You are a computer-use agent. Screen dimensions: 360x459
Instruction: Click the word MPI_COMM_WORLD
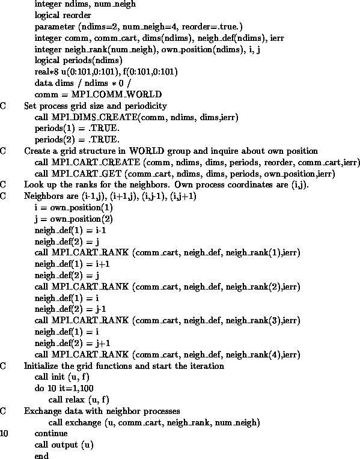pyautogui.click(x=117, y=94)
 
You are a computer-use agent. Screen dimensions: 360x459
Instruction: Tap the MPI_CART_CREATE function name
pyautogui.click(x=96, y=162)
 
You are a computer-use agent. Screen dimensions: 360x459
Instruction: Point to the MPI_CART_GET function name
pyautogui.click(x=87, y=174)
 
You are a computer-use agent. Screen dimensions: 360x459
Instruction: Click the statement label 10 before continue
pyautogui.click(x=4, y=433)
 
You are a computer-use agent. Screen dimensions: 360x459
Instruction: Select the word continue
pyautogui.click(x=51, y=433)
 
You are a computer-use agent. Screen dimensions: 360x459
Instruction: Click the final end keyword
pyautogui.click(x=41, y=455)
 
